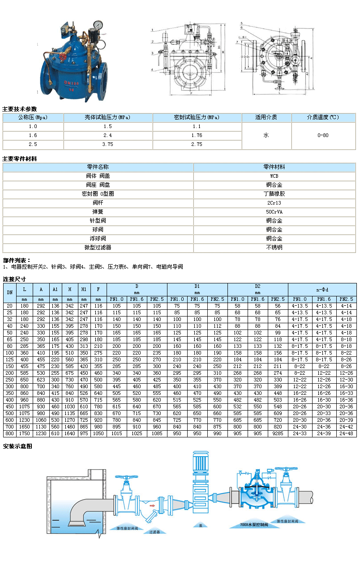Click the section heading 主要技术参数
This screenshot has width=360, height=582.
(20, 109)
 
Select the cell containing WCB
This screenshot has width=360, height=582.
(274, 176)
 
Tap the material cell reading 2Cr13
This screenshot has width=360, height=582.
(274, 203)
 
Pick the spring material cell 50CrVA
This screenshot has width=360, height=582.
(274, 212)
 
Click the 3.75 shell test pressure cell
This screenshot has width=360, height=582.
(107, 145)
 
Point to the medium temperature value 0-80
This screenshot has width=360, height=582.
(323, 135)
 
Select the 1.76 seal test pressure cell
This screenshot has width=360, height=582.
(197, 135)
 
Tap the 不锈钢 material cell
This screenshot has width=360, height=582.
(274, 248)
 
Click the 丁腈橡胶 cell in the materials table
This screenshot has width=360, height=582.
(274, 194)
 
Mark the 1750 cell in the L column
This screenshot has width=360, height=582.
(25, 434)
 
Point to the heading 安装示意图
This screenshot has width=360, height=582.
(17, 446)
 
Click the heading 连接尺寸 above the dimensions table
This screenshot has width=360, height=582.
(14, 279)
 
